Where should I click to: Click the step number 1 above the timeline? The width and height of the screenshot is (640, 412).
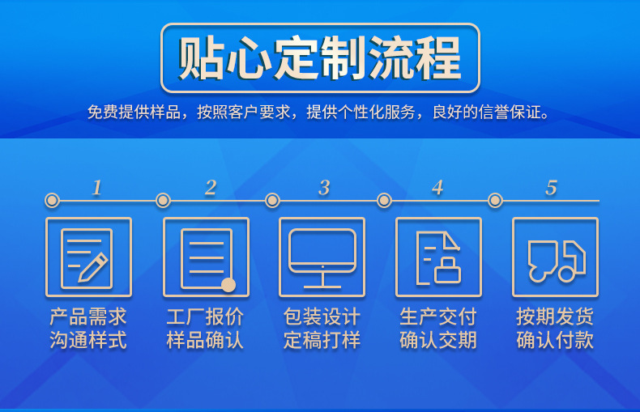[96, 188]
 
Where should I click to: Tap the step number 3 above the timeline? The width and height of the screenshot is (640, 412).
[324, 188]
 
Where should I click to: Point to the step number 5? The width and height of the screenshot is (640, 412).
[551, 188]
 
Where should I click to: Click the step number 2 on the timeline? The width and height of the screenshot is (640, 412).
[211, 188]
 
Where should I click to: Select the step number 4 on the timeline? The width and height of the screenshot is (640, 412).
[437, 188]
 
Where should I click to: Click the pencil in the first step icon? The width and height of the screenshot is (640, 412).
[92, 268]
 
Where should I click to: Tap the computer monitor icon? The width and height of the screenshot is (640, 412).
[322, 259]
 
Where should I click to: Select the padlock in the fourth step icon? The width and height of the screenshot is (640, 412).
[447, 270]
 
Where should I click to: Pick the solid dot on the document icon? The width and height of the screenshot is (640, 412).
[228, 285]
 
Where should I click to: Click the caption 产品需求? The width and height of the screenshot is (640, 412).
[88, 316]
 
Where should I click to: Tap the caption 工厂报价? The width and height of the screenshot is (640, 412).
[205, 316]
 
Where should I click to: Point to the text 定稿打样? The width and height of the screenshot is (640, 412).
[322, 340]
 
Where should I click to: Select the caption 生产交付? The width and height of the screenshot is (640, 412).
[438, 316]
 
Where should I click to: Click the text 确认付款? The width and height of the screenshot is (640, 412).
[555, 340]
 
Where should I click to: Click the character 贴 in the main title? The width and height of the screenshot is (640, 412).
[201, 58]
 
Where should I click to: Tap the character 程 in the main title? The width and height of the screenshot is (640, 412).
[438, 58]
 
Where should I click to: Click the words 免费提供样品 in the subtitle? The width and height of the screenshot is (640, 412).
[134, 112]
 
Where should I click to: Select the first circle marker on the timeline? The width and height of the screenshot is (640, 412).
[52, 200]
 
